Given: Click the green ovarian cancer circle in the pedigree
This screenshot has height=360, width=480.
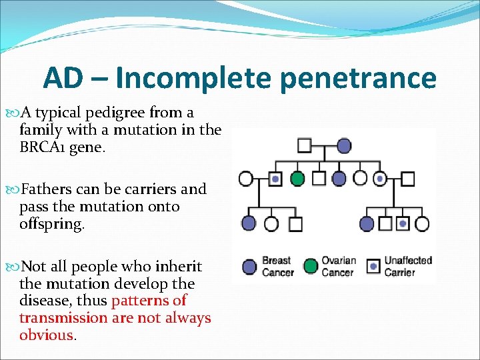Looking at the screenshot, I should [x=297, y=179].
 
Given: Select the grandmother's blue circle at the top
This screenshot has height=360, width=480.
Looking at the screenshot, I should [x=344, y=145].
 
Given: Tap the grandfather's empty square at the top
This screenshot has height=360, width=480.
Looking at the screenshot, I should [x=305, y=145].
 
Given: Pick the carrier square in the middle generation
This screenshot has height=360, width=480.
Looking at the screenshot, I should [x=275, y=179].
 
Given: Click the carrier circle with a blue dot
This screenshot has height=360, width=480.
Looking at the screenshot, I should [x=380, y=179].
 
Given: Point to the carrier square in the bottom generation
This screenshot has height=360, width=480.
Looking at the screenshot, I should [x=403, y=224].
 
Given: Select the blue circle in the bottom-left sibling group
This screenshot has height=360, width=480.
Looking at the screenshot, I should [x=249, y=224].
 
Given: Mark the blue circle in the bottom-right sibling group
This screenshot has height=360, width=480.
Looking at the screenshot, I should [x=366, y=224].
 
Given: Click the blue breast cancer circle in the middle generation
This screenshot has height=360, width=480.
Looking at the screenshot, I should [x=339, y=179].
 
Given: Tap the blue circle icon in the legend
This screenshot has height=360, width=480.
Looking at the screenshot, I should [x=249, y=266].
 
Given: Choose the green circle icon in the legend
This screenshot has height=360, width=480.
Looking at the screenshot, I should [x=310, y=266].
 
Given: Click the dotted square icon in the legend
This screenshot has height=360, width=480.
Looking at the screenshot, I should [x=374, y=266].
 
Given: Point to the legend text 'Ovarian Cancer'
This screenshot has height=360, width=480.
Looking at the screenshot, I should [x=339, y=266].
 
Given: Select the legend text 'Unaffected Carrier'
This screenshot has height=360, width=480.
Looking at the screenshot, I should [x=408, y=266].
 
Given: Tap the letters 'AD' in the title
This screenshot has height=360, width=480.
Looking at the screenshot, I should [x=63, y=79].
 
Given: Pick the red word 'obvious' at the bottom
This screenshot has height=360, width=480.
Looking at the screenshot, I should [x=47, y=335].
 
